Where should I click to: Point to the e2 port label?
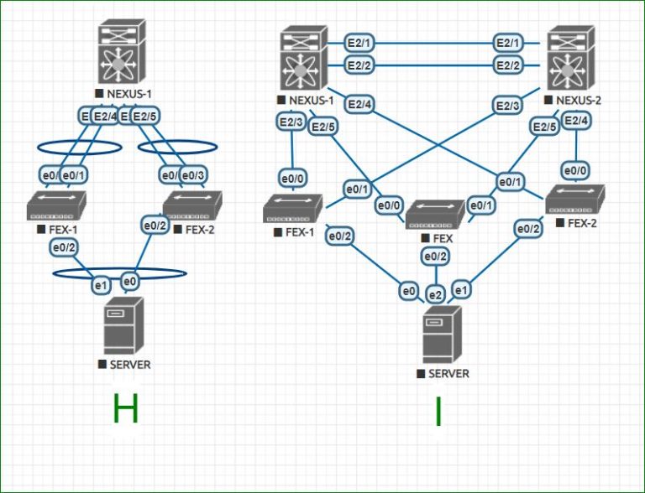pos(435,294)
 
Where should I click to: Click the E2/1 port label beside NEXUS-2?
pos(508,42)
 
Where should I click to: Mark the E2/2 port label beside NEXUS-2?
pos(508,65)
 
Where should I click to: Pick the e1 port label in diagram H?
pos(101,285)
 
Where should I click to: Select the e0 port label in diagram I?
pos(409,292)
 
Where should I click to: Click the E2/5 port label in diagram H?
pos(145,116)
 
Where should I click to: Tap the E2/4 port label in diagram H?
pos(105,116)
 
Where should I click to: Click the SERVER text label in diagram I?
pos(448,373)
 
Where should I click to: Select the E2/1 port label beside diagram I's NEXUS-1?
pos(362,42)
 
